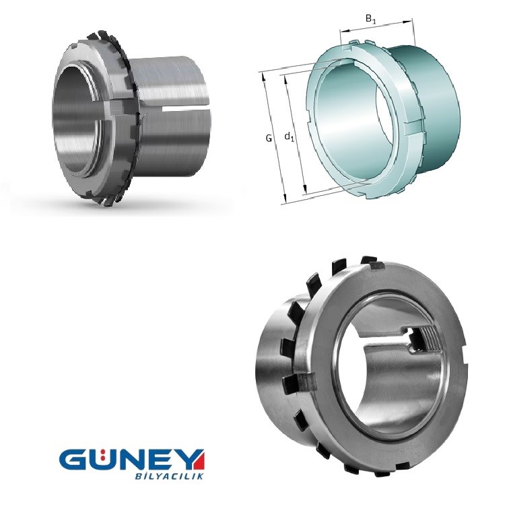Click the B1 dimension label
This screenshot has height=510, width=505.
pyautogui.click(x=370, y=20)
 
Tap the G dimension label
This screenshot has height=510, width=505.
pyautogui.click(x=269, y=138)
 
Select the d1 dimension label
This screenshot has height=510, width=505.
pyautogui.click(x=289, y=137)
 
